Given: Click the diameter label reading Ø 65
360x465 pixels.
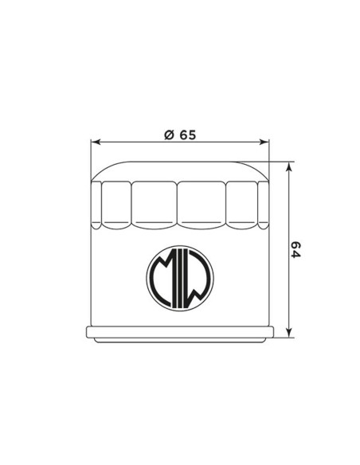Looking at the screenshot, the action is [180, 135].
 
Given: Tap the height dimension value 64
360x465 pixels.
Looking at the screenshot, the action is [295, 250].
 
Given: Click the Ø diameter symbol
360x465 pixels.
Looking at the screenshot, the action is [169, 135].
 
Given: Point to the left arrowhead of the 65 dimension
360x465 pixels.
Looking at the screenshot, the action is [96, 142].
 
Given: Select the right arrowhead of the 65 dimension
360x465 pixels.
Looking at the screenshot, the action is [264, 142].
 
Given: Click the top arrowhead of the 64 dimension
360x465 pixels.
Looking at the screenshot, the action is [289, 167].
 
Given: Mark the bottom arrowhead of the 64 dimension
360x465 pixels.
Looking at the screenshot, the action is [289, 332].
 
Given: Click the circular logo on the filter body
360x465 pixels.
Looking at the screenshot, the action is [180, 278].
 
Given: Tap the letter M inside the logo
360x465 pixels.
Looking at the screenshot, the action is [162, 277].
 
